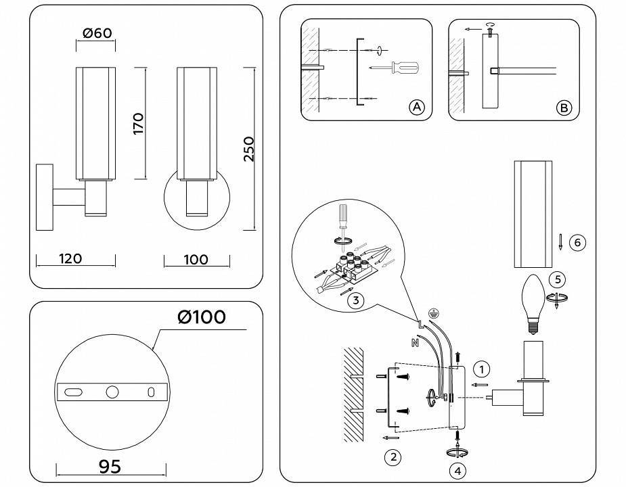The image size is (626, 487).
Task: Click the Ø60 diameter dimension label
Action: pyautogui.click(x=96, y=34)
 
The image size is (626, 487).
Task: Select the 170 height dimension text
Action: pyautogui.click(x=138, y=124)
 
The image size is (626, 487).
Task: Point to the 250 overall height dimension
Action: pyautogui.click(x=248, y=148)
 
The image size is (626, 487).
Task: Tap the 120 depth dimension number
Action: pyautogui.click(x=70, y=258)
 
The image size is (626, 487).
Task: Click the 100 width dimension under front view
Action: pyautogui.click(x=196, y=259)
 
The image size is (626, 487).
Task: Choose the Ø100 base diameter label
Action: pyautogui.click(x=202, y=317)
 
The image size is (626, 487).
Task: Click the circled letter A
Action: pyautogui.click(x=416, y=107)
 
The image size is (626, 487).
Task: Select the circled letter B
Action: pyautogui.click(x=564, y=108)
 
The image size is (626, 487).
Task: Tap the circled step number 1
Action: pyautogui.click(x=481, y=369)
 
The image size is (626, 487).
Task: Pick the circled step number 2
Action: pyautogui.click(x=392, y=457)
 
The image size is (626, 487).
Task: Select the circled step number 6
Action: pyautogui.click(x=577, y=242)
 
